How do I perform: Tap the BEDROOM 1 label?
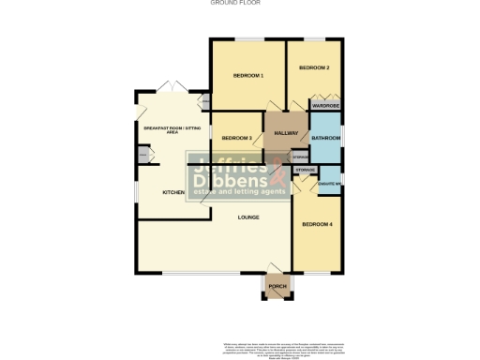click(247, 75)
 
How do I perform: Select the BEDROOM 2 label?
click(314, 68)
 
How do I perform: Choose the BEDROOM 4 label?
click(318, 225)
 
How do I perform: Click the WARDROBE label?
click(325, 106)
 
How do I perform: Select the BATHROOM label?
click(325, 139)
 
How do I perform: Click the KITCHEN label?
click(173, 192)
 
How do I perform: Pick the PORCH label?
click(277, 286)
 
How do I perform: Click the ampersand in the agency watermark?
click(278, 172)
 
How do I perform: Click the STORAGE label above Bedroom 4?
click(306, 169)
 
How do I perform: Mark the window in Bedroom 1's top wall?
click(247, 39)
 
